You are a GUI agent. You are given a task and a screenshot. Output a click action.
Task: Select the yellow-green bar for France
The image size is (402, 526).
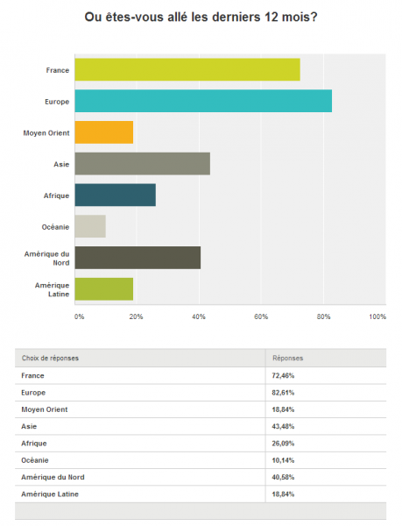[187, 69]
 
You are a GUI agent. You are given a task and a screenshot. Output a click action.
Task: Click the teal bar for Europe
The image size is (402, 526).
[203, 101]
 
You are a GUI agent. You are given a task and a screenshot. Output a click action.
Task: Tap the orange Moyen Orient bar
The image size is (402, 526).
[104, 132]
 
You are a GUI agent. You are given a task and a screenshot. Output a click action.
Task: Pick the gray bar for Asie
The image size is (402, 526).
[143, 163]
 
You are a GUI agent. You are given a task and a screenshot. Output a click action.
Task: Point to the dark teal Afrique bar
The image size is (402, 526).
[116, 195]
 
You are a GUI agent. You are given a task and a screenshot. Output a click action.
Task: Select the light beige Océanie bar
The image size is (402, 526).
[90, 226]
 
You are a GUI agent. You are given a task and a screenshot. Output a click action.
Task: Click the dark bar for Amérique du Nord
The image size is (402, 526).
[138, 258]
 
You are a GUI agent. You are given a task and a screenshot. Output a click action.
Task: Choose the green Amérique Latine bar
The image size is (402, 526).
[104, 288]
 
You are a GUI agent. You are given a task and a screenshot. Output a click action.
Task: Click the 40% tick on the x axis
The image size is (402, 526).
[199, 316]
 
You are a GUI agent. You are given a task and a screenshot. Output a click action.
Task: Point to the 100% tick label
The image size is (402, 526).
[377, 316]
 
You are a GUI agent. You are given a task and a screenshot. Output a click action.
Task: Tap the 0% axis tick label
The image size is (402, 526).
[80, 316]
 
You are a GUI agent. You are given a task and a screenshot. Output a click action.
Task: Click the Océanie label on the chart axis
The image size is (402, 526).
[55, 227]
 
